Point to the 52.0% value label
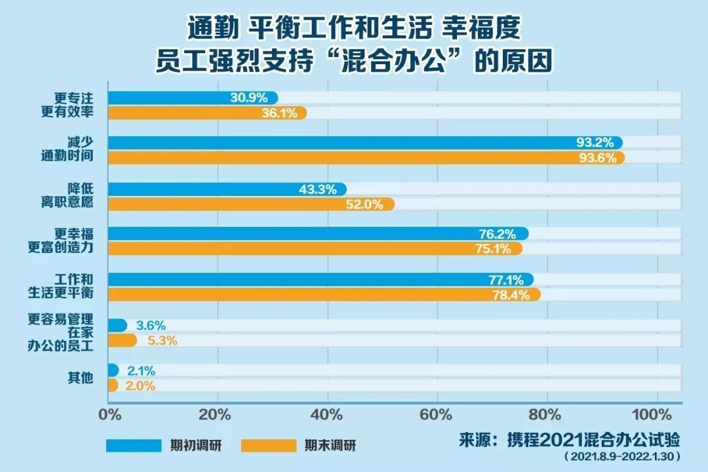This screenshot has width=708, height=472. pos(368,204)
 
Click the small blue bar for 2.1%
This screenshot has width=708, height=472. pos(113,370)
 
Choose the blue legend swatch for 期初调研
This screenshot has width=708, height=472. pos(134,445)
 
